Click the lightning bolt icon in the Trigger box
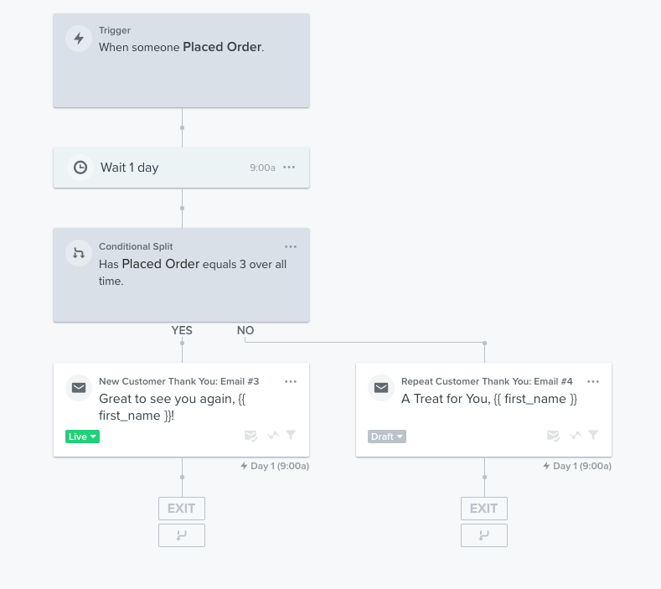coord(79,39)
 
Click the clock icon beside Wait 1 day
coord(80,168)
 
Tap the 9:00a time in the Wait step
coord(262,168)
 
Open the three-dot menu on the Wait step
coord(289,168)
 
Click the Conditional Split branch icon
coord(79,253)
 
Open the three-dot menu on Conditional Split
coord(291,246)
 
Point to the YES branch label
coord(182,330)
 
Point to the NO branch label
coord(245,330)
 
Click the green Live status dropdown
coord(83,437)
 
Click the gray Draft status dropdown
coord(387,437)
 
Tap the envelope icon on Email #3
coord(79,387)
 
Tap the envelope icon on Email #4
coord(381,387)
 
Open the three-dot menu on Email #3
coord(291,381)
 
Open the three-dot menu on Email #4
coord(593,381)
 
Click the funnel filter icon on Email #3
coord(291,435)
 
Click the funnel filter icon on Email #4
coord(593,435)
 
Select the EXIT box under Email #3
coord(182,509)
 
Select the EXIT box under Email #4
coord(484,509)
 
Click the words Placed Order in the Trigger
coord(222,47)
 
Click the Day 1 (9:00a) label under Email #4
coord(577,466)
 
